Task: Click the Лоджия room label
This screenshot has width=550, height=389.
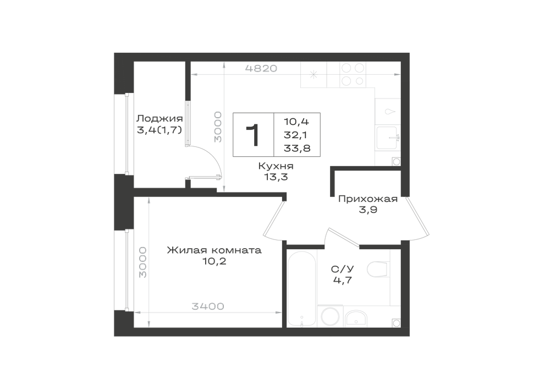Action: [159, 118]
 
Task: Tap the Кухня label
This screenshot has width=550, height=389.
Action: [276, 166]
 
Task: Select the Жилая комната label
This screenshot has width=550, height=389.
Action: [214, 250]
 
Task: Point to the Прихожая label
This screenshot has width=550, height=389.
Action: [368, 199]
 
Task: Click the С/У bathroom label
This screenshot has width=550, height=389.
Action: [343, 269]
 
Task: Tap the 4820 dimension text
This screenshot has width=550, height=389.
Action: [261, 68]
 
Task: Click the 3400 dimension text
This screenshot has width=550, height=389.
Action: [208, 306]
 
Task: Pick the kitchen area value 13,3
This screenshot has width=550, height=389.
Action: [276, 177]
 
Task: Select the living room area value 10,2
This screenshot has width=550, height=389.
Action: [214, 261]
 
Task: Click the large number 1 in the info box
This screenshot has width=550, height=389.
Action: [253, 135]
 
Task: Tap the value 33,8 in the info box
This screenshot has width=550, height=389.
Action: [297, 148]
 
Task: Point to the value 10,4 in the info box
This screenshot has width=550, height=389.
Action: [296, 122]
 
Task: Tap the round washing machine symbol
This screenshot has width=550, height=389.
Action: [331, 316]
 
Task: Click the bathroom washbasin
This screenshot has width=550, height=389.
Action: [356, 318]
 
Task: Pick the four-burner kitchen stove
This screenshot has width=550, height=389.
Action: [353, 74]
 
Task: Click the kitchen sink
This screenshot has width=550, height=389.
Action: [388, 138]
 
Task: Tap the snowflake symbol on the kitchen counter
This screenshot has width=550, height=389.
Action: [313, 74]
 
